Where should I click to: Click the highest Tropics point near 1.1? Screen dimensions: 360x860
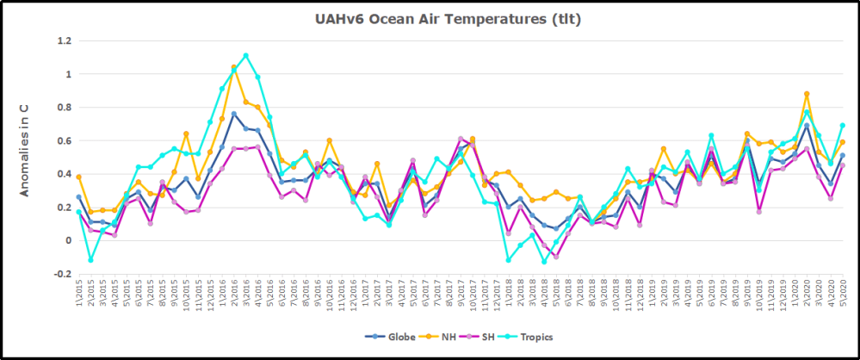point(246,56)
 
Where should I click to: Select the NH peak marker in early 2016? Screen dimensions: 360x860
point(234,67)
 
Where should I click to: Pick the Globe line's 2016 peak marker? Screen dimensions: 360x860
point(234,114)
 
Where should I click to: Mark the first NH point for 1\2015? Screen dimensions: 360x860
point(79,177)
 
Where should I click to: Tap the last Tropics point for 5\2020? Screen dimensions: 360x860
point(842,126)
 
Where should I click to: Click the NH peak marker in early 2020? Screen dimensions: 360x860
point(807,94)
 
